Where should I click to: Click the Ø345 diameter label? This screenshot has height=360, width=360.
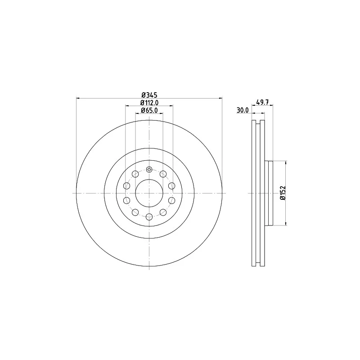click(x=149, y=95)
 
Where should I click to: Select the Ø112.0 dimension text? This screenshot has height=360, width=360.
click(x=149, y=103)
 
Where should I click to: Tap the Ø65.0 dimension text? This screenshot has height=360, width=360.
click(x=149, y=110)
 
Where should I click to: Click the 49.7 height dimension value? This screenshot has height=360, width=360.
click(x=262, y=103)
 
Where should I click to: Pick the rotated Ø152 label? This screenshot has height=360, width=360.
click(x=282, y=193)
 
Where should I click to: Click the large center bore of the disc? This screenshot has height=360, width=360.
click(x=149, y=193)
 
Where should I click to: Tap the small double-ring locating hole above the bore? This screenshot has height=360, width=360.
click(x=149, y=170)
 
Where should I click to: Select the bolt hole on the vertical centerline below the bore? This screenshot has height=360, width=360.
click(x=149, y=217)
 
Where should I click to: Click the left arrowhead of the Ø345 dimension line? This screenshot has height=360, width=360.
click(x=78, y=98)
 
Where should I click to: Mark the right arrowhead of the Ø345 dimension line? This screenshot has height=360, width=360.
click(x=221, y=98)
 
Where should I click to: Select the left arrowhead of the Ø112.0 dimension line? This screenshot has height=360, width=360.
click(x=127, y=106)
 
